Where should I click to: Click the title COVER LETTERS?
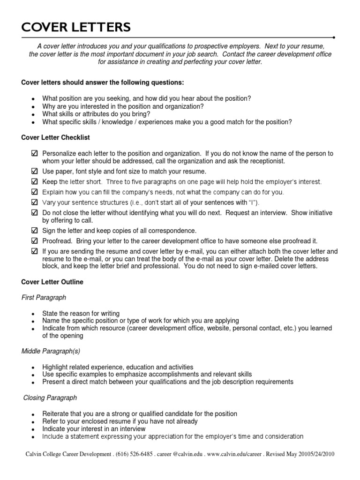point(76,28)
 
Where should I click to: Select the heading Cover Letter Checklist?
point(56,138)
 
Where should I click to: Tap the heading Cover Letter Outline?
point(52,282)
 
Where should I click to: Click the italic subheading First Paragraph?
point(44,298)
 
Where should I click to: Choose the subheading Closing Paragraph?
point(50,397)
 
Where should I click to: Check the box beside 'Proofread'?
point(34,241)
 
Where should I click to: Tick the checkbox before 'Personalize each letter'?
point(34,154)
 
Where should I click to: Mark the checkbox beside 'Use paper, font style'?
point(34,172)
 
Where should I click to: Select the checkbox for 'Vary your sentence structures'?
point(34,202)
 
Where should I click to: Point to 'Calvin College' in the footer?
point(43,455)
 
